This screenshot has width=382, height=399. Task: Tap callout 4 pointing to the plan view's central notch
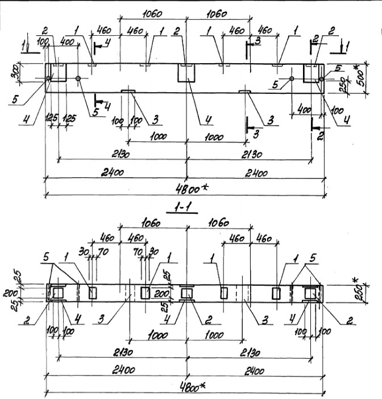point(209,120)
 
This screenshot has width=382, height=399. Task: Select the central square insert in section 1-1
point(186,293)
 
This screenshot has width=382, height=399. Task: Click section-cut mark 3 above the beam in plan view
point(257,41)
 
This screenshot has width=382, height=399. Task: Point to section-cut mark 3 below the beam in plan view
point(257,134)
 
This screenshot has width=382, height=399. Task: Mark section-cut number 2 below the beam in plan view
point(321,135)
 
